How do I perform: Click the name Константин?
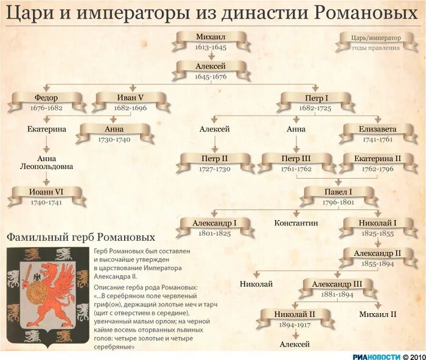296,223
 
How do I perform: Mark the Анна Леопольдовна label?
46,161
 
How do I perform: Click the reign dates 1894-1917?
296,325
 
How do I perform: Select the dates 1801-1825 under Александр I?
214,233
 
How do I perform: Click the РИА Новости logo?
377,355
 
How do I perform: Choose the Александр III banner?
337,284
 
